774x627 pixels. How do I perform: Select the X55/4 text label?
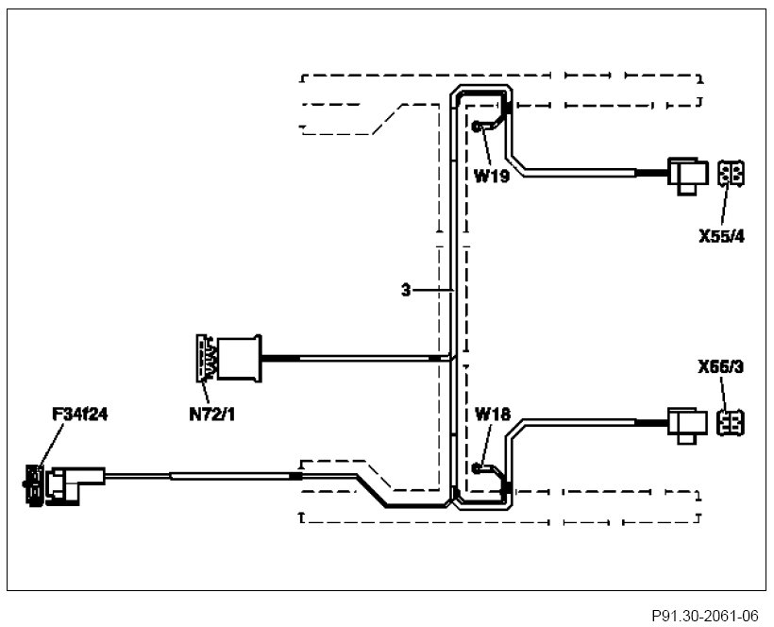pos(722,236)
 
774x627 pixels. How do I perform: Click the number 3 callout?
pos(405,291)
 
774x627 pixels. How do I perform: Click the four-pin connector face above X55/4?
pos(730,175)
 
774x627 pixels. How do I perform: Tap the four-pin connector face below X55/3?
pos(730,422)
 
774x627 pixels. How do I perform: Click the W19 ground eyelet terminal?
pos(478,127)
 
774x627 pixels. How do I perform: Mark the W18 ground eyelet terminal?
pos(480,466)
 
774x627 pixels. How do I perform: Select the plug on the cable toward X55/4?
pos(686,174)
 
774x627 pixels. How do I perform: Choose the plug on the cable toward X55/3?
pos(685,422)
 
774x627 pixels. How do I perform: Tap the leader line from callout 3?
pos(432,291)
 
